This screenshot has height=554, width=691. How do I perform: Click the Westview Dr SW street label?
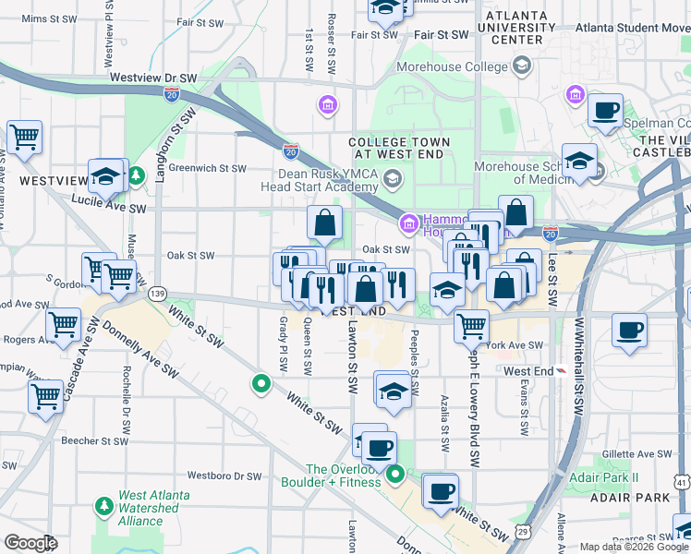(x=153, y=78)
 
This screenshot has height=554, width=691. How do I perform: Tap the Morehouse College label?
(x=452, y=66)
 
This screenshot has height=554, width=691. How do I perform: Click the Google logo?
(x=30, y=543)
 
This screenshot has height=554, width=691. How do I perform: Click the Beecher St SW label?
(x=93, y=441)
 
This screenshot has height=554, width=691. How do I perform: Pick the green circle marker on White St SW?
(x=261, y=383)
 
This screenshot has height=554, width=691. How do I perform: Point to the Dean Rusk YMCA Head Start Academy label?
(x=332, y=179)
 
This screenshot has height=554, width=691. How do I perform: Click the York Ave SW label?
(x=515, y=345)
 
